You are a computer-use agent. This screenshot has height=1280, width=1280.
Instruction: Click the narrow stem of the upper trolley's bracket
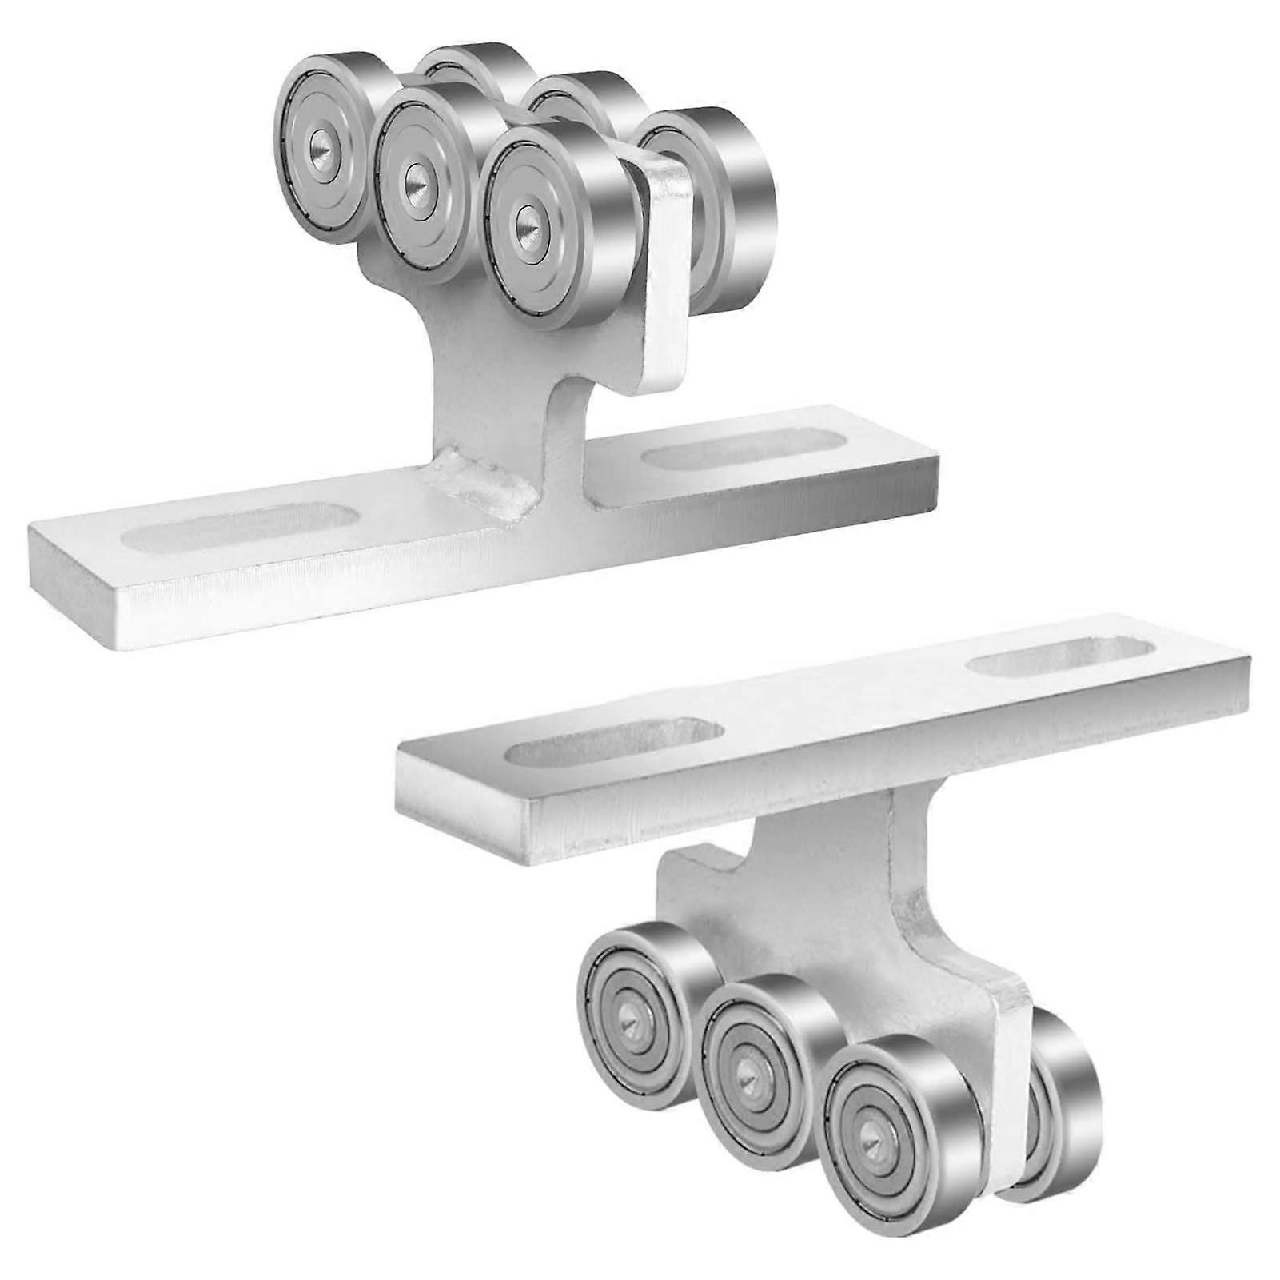click(512, 400)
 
